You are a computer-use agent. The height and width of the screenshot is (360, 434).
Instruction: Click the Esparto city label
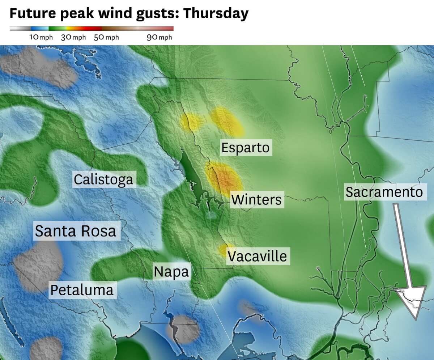click(x=246, y=148)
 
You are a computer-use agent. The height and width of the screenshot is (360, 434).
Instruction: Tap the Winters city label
click(x=256, y=200)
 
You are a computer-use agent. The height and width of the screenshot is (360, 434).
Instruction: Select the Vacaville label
click(x=258, y=256)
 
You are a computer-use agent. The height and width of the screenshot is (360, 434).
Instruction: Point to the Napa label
click(x=171, y=272)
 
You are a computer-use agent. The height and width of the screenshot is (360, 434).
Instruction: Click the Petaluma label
click(x=82, y=290)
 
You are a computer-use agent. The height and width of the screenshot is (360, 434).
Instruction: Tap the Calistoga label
click(x=103, y=179)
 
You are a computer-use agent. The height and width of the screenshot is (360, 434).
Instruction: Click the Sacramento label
click(x=384, y=192)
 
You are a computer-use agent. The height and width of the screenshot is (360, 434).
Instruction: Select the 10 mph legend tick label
click(x=41, y=38)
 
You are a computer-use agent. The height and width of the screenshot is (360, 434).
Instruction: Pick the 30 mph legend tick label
click(x=73, y=38)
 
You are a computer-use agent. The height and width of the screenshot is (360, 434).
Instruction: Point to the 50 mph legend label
click(x=106, y=38)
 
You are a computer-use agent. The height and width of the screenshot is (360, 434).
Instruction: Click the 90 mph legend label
click(x=159, y=38)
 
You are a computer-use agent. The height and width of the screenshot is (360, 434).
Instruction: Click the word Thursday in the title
click(x=216, y=13)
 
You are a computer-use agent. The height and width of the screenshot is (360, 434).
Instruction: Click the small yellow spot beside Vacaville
click(x=223, y=250)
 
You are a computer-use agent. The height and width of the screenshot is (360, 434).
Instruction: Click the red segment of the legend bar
click(x=92, y=29)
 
